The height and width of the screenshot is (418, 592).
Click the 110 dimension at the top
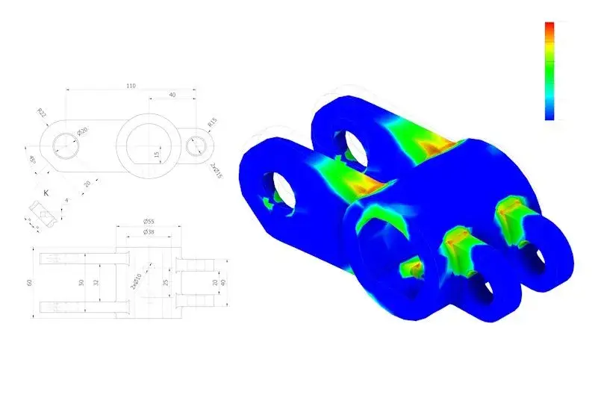131,87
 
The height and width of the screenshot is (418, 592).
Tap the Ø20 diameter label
82,131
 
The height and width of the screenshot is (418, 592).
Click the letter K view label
46,193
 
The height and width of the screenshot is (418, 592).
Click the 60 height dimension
30,282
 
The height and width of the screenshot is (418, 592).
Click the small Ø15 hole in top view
196,146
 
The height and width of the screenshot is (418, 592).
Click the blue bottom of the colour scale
549,114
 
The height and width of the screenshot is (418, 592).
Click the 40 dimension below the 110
172,96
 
